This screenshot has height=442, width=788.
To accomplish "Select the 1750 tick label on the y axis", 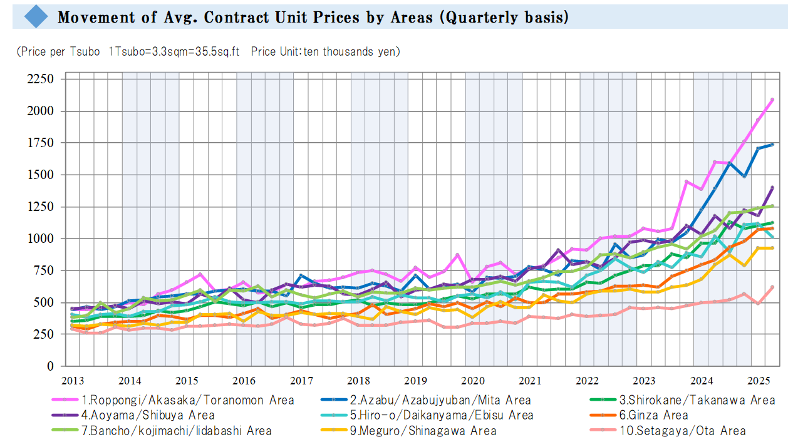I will coord(41,143).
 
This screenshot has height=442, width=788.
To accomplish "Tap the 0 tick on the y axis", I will coord(50,366).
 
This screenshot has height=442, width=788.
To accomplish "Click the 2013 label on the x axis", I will coord(72,381).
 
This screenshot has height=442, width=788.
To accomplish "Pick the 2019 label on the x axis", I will coord(415,381).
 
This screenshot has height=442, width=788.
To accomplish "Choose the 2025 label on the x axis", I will coord(759,381).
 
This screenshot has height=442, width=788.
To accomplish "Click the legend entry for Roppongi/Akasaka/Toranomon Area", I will coord(187,399).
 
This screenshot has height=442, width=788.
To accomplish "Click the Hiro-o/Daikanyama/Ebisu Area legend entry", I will coord(442,415).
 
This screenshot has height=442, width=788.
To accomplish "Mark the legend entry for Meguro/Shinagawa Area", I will coord(423,431).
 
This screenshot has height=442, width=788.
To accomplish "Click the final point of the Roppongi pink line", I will coord(772,100).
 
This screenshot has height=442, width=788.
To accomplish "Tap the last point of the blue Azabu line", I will coord(772,145).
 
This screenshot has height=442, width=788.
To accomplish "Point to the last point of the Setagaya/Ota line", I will coord(772,287).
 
